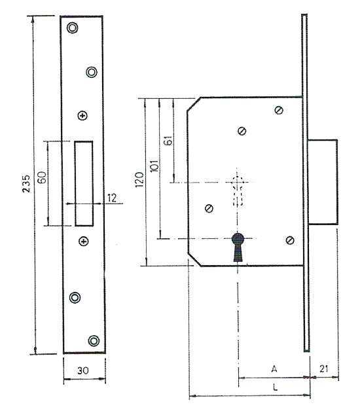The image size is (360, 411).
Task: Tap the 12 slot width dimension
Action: point(113,196)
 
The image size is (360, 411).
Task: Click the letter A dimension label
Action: point(274,370)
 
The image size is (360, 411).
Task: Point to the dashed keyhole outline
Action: point(238,189)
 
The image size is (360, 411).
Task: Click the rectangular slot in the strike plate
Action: point(84,182)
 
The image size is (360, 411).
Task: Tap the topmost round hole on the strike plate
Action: point(72,28)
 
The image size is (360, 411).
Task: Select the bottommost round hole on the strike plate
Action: point(93,340)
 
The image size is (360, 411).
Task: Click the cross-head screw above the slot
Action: point(82,116)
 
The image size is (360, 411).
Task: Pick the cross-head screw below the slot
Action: point(82,241)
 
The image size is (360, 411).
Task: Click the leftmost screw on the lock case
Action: point(209,209)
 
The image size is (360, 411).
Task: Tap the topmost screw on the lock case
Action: point(279,110)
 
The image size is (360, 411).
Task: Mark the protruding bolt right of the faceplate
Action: point(323,181)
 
